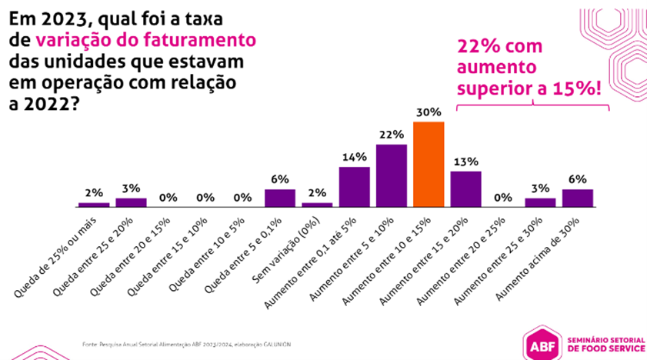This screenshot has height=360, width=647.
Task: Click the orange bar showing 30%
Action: click(x=429, y=165)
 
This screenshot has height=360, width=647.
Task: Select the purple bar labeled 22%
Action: click(x=391, y=175)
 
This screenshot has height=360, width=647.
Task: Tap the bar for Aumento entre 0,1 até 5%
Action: click(x=354, y=187)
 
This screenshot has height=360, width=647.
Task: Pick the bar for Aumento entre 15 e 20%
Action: click(x=465, y=189)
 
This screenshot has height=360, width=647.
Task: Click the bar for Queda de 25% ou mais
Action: click(x=94, y=205)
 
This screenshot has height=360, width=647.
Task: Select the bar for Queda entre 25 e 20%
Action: click(x=131, y=202)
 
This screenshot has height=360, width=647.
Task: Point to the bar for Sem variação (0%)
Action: click(x=317, y=205)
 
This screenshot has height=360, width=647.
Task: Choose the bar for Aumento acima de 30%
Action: click(x=577, y=198)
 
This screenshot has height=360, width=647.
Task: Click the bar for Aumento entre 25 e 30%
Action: click(x=540, y=202)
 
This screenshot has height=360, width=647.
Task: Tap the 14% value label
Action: click(x=354, y=157)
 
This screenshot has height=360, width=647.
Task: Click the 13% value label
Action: click(x=465, y=162)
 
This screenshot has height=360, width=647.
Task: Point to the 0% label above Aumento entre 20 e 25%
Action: click(x=503, y=197)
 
